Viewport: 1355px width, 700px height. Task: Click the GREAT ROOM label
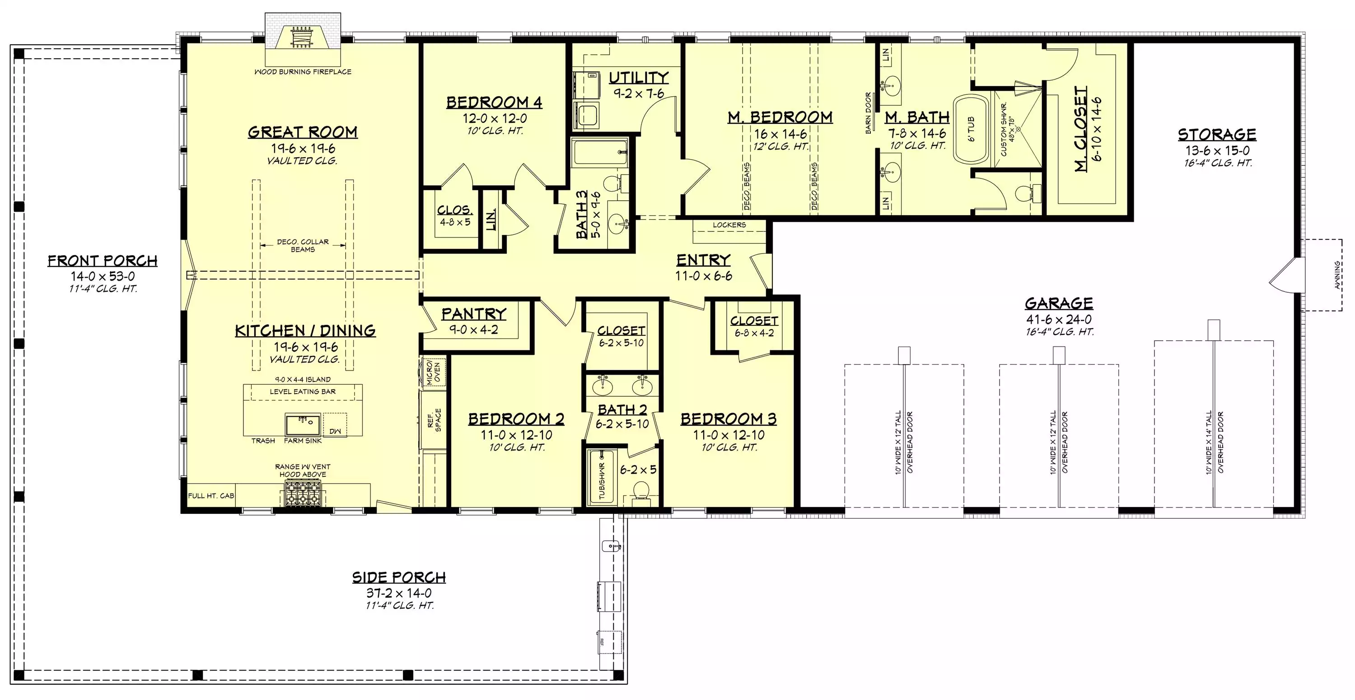(x=303, y=132)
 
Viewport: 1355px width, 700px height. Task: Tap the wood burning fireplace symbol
(x=303, y=37)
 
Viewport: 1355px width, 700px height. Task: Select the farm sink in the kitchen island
(x=303, y=424)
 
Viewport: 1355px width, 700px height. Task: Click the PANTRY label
(x=473, y=314)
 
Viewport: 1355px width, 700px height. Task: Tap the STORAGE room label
(x=1217, y=135)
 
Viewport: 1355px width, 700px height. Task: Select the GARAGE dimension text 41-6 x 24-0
(x=1059, y=319)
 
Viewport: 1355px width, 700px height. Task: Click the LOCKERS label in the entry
(x=729, y=225)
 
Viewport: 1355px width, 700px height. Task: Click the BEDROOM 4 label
(x=494, y=102)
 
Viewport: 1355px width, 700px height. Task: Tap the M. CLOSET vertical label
(x=1080, y=129)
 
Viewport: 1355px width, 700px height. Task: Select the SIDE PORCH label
(x=399, y=578)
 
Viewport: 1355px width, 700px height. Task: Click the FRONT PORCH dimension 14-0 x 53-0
(x=103, y=276)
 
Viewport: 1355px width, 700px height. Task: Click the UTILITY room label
(x=639, y=78)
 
